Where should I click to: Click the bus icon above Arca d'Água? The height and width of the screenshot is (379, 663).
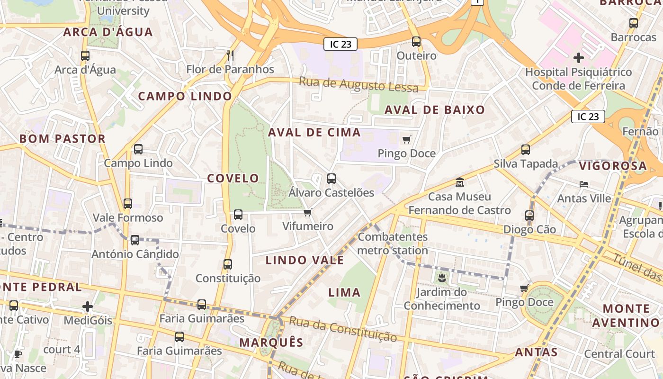[x=85, y=56]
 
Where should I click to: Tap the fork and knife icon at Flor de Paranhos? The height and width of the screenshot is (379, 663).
[x=230, y=55]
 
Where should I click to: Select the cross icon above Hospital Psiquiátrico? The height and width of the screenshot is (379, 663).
[x=578, y=58]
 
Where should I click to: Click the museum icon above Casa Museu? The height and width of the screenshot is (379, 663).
[x=459, y=182]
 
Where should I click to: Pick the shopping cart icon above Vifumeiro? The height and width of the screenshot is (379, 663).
[x=308, y=212]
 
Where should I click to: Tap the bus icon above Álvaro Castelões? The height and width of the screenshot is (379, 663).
[x=331, y=179]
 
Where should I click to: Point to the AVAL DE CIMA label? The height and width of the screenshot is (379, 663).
[x=314, y=132]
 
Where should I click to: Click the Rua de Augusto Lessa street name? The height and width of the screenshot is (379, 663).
[x=358, y=85]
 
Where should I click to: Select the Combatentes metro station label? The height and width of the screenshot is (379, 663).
[x=393, y=244]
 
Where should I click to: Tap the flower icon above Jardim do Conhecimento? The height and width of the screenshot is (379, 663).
[x=442, y=278]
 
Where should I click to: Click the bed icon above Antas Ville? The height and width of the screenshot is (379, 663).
[x=584, y=184]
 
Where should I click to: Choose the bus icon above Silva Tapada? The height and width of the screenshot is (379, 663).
[x=526, y=150]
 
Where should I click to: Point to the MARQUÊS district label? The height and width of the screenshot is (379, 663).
[x=271, y=343]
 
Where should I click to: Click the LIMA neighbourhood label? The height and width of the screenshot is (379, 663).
[x=344, y=292]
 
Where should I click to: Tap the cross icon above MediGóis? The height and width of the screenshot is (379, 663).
[x=88, y=307]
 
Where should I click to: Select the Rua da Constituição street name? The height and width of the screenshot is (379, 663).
[x=343, y=329]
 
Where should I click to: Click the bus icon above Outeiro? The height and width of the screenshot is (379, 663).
[x=416, y=42]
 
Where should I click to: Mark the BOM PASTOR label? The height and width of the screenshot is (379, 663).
[x=62, y=139]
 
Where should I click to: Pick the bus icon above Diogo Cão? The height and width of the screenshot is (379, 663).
[x=529, y=216]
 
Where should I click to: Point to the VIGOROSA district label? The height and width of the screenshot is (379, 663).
[x=613, y=166]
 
